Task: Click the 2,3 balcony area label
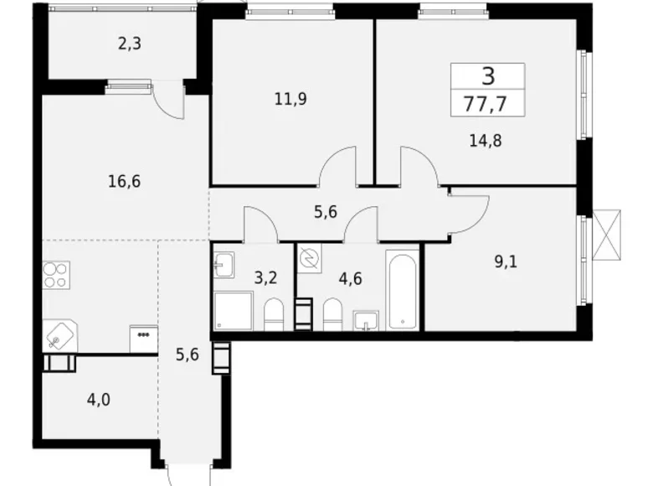pyautogui.click(x=129, y=43)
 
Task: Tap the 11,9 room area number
pyautogui.click(x=291, y=99)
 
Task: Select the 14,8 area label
pyautogui.click(x=485, y=139)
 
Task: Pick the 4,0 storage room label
pyautogui.click(x=99, y=398)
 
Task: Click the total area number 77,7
pyautogui.click(x=488, y=104)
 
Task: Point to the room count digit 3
pyautogui.click(x=488, y=75)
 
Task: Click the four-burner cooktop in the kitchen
pyautogui.click(x=56, y=275)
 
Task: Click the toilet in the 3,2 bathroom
pyautogui.click(x=274, y=317)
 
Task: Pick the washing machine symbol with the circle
pyautogui.click(x=309, y=259)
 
